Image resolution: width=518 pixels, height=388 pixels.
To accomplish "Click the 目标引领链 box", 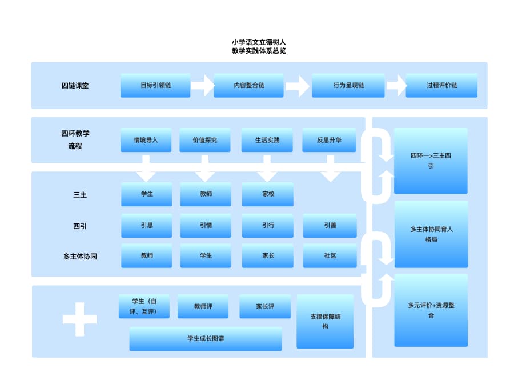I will [155, 85].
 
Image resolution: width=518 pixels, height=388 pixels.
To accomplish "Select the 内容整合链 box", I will [248, 85].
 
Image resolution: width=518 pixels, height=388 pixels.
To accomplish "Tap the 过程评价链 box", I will [441, 85].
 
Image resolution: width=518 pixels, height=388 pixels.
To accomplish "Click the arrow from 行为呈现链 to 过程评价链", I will [396, 86].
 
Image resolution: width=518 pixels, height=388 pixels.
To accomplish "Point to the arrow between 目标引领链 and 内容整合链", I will [202, 86].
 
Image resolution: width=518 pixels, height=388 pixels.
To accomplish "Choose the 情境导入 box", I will [146, 140].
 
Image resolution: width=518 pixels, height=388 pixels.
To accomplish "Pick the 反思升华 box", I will [329, 140].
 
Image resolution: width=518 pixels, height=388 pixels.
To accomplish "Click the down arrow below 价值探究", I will [204, 170].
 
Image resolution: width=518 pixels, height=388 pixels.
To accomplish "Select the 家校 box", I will [267, 194].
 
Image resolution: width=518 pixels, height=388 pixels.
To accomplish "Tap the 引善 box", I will [330, 226].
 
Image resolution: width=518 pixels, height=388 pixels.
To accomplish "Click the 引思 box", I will [146, 226].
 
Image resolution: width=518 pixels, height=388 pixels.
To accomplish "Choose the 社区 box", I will [330, 256].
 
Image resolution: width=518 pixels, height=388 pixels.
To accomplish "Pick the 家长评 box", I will [265, 307].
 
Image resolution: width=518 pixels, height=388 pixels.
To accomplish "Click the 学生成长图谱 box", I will [206, 339].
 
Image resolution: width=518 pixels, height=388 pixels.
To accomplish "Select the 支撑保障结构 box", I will [325, 322].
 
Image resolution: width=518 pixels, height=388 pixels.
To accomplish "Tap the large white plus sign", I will [79, 319].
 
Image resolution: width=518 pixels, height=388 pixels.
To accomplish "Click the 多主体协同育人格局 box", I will [431, 234].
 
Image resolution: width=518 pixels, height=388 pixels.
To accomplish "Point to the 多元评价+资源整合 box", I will [431, 310].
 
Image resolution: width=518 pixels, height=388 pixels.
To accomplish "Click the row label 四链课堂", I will [75, 86].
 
